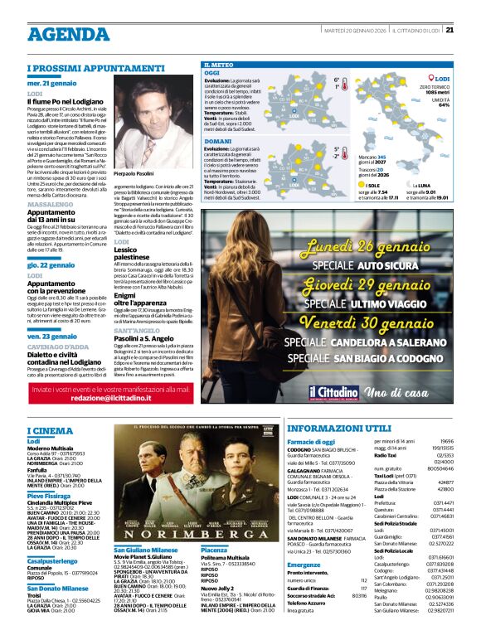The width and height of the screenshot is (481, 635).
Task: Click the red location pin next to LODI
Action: point(432,79)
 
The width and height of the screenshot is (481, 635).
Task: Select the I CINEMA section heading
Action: point(51,432)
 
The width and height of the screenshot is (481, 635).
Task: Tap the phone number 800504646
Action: point(441,468)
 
